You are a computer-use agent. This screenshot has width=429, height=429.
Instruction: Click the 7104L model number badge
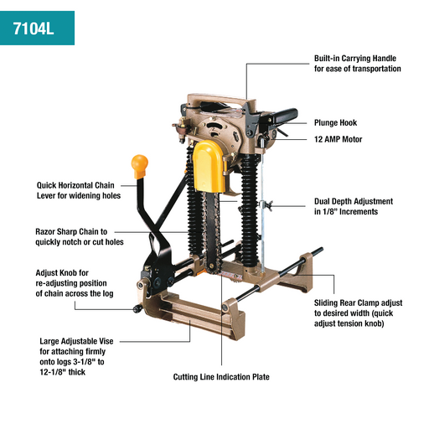(36, 28)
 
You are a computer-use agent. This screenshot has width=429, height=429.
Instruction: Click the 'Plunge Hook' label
(335, 122)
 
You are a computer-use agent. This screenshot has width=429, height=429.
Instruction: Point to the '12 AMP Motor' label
(339, 139)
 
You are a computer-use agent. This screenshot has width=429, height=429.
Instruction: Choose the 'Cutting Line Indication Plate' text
(221, 377)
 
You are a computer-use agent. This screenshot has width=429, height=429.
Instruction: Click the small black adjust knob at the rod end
(135, 311)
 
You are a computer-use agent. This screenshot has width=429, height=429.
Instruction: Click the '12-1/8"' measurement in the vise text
(55, 373)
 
